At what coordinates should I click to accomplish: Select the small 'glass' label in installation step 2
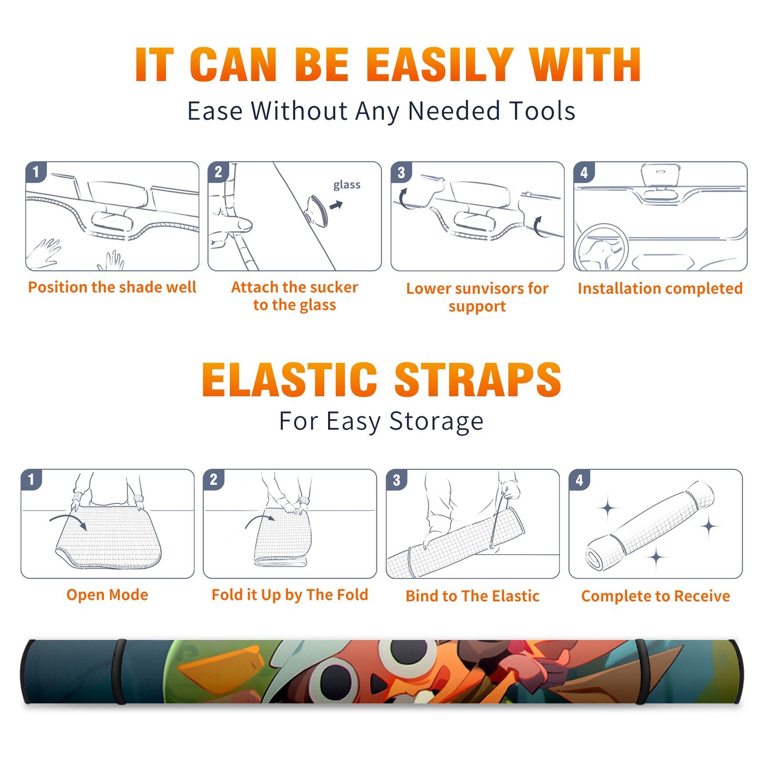[x=347, y=185]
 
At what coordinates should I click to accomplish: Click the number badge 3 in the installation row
[x=401, y=173]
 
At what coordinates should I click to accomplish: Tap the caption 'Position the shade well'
[x=112, y=287]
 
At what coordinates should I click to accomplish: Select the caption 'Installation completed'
[x=660, y=288]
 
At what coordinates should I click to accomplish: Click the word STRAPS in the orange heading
[x=478, y=380]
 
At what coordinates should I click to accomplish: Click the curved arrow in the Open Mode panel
[x=68, y=521]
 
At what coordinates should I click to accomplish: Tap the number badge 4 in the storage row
[x=579, y=480]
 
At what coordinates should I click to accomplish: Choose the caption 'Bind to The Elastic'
[x=473, y=596]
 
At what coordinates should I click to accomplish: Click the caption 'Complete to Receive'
[x=656, y=596]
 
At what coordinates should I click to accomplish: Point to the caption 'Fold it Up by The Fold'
[x=290, y=595]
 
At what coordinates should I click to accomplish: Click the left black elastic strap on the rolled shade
[x=119, y=671]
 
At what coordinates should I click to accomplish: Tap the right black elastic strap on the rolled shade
[x=641, y=671]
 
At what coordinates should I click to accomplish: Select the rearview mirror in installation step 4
[x=660, y=175]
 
